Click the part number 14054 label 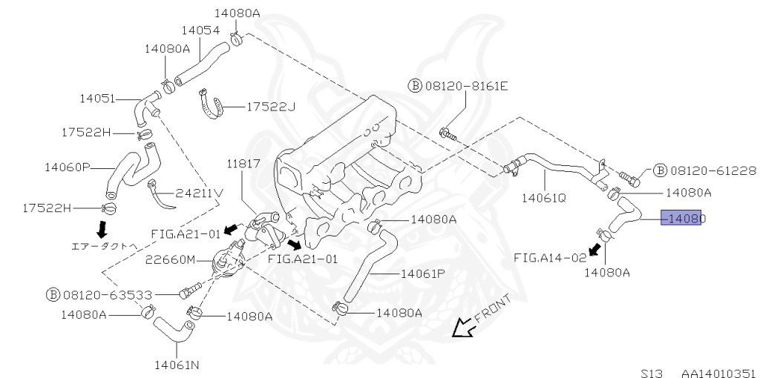click(201, 30)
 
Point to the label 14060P click(67, 168)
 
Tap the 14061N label click(176, 364)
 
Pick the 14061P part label click(422, 273)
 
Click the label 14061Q click(543, 198)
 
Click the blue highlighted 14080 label click(681, 219)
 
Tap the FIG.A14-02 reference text click(550, 257)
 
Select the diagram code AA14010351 click(718, 373)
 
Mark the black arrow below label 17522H click(102, 226)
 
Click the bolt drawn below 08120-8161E click(448, 134)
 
